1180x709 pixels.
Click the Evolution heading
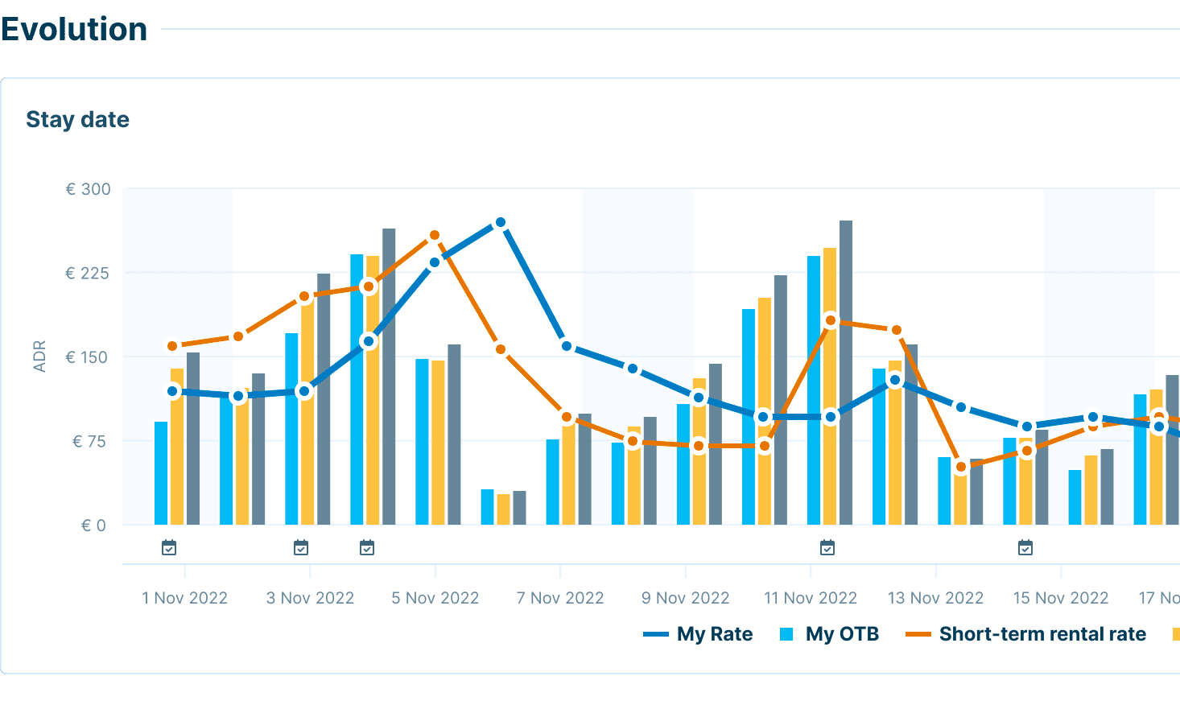point(74,29)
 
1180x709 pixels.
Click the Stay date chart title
point(77,119)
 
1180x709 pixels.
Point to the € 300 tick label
point(88,189)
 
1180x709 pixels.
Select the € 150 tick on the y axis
point(86,357)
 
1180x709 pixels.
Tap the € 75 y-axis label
point(89,441)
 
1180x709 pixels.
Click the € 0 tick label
point(93,526)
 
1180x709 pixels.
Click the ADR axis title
point(39,357)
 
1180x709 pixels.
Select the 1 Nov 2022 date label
point(184,598)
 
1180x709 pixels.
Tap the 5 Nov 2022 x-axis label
point(435,598)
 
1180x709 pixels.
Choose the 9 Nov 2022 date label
point(685,598)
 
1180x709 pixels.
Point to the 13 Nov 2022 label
point(935,598)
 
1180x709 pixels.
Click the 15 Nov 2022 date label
point(1060,598)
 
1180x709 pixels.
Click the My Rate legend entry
point(698,634)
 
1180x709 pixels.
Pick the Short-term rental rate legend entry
point(1025,634)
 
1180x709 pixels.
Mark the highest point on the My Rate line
point(501,222)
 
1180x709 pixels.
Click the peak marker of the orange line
point(435,235)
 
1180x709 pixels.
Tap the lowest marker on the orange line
point(960,467)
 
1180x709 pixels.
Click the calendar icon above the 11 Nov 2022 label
point(827,548)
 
